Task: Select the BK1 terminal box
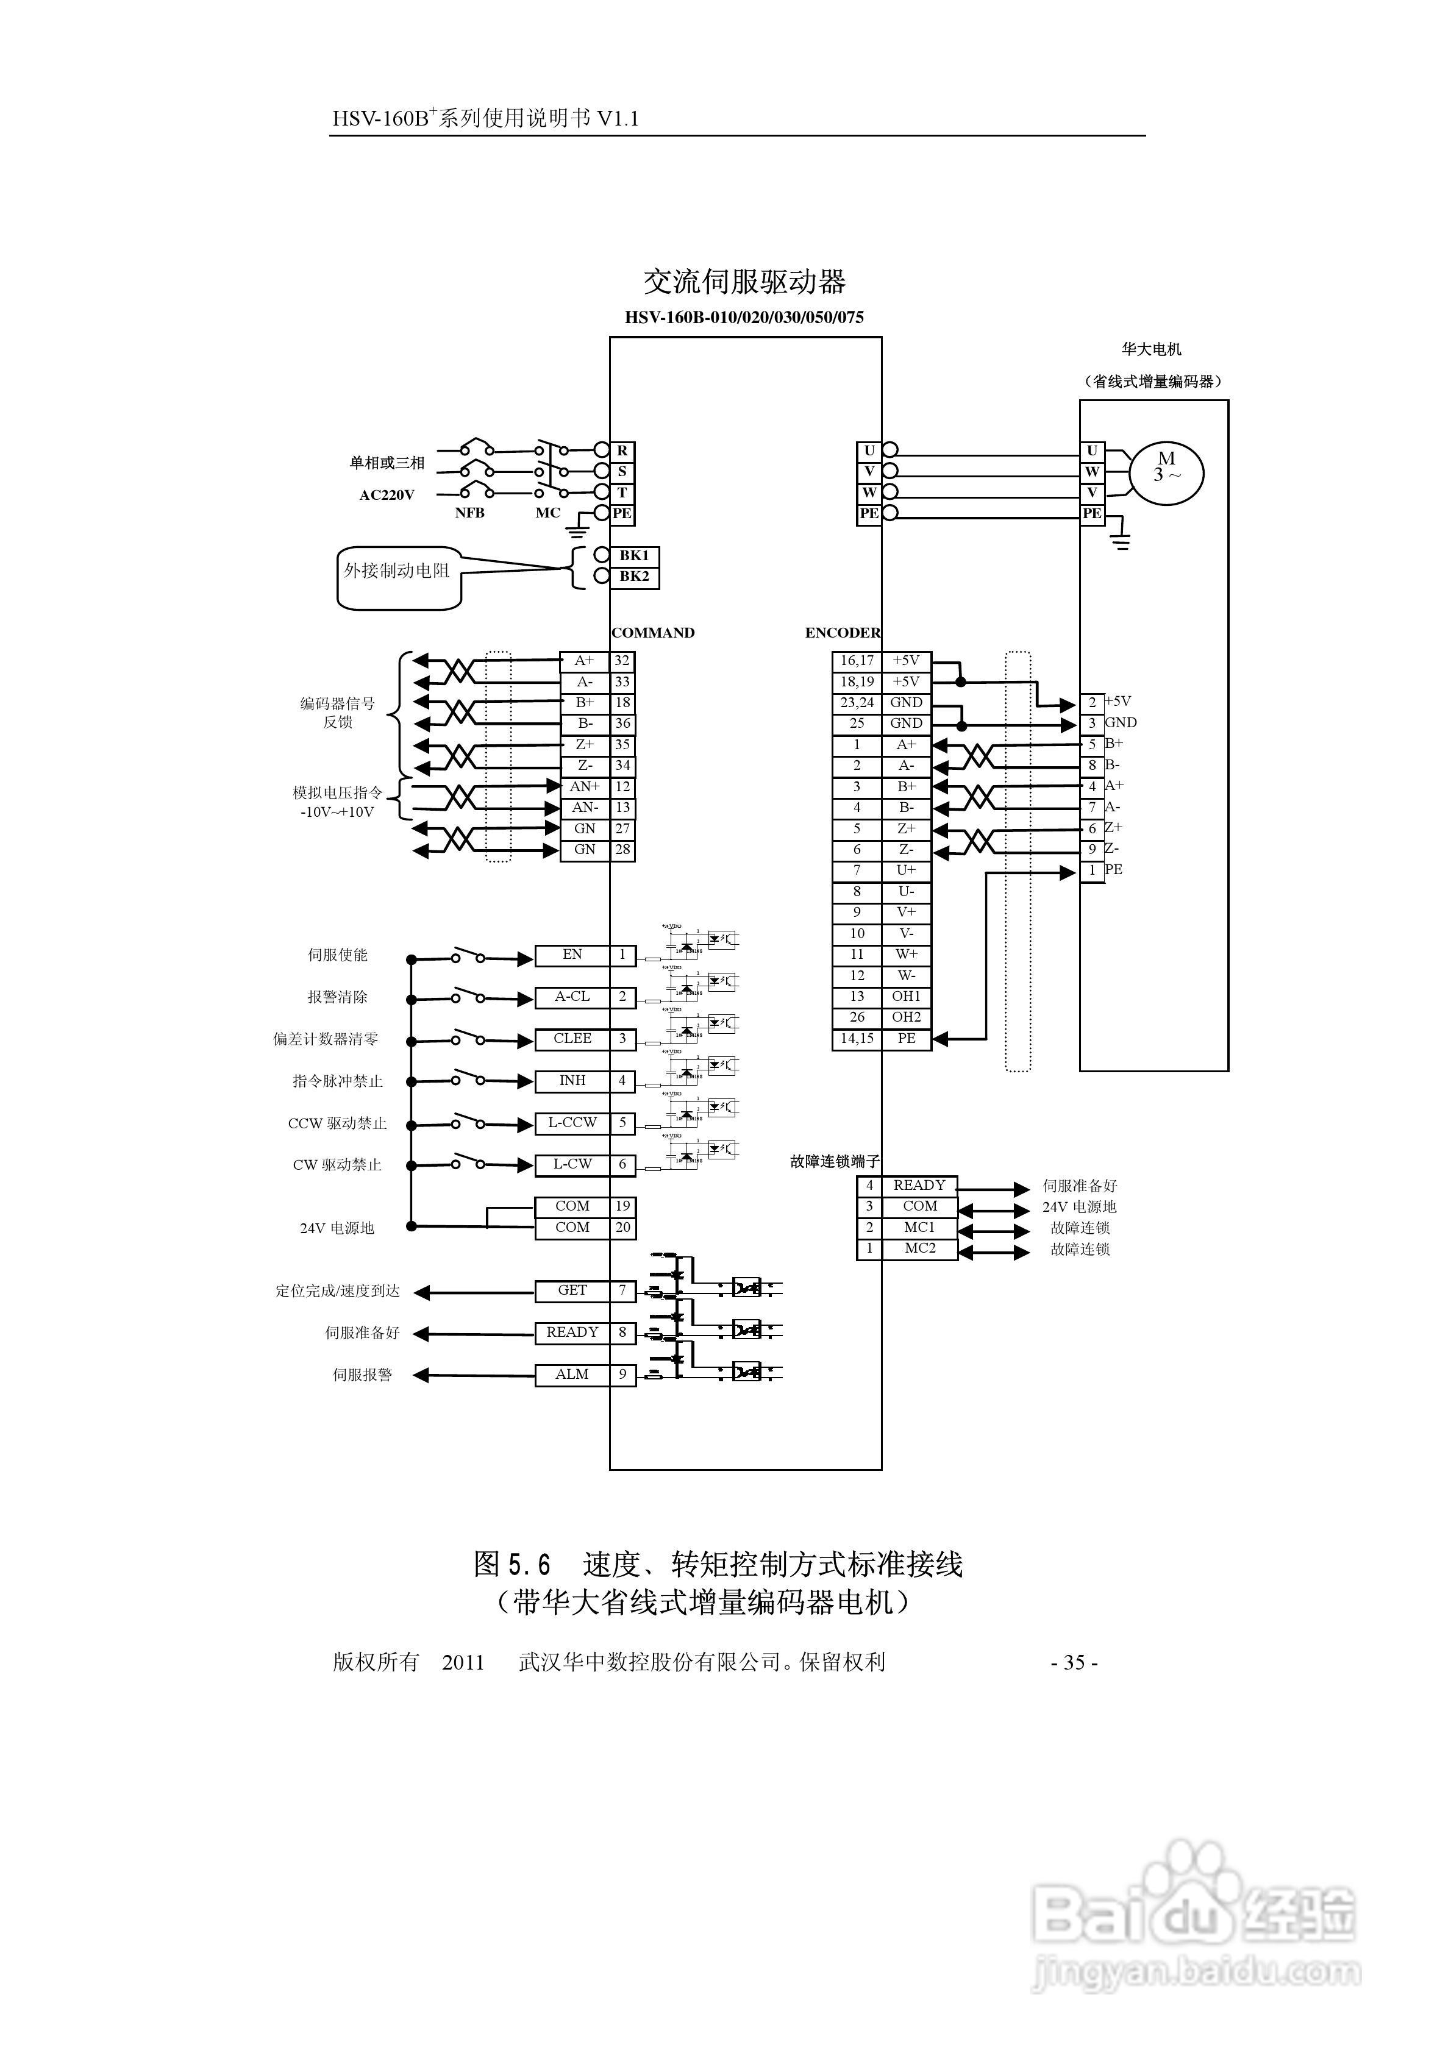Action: click(x=634, y=555)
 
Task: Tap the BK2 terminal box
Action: click(x=634, y=577)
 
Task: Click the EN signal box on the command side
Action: click(x=572, y=955)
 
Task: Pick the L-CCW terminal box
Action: click(x=572, y=1123)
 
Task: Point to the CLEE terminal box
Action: click(x=572, y=1039)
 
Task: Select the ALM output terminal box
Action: click(x=572, y=1375)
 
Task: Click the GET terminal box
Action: click(x=572, y=1290)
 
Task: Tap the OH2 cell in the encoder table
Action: click(x=906, y=1017)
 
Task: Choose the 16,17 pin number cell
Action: click(x=857, y=661)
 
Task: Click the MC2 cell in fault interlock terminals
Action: click(x=919, y=1248)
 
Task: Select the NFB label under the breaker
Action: click(x=469, y=513)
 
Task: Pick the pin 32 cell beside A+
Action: click(x=622, y=661)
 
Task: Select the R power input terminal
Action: click(x=622, y=450)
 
